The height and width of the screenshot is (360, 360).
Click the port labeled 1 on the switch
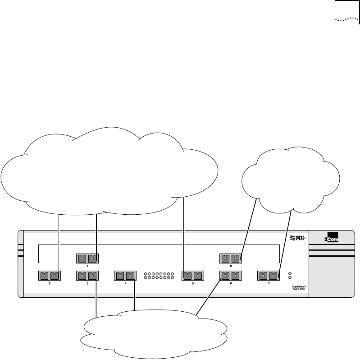tap(87, 258)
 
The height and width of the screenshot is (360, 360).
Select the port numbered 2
tap(50, 275)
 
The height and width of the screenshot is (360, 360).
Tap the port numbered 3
tap(87, 275)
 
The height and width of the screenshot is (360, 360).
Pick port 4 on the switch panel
tap(125, 275)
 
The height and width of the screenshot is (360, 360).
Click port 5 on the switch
tap(192, 275)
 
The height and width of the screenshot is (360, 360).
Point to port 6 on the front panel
tap(230, 275)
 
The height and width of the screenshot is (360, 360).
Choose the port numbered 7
tap(268, 275)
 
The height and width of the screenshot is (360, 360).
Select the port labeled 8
tap(230, 258)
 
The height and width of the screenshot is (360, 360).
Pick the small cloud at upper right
tap(291, 180)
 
